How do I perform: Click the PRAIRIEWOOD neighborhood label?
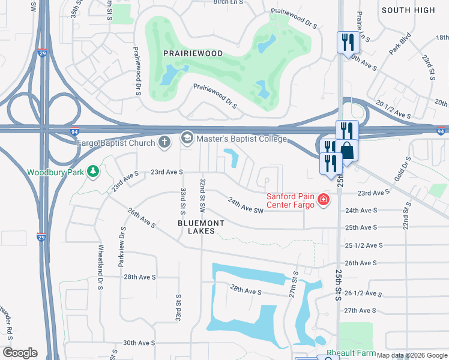coord(193,53)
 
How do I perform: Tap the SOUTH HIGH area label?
coord(408,10)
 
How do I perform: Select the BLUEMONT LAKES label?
coord(201,227)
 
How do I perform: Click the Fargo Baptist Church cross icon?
coord(164,142)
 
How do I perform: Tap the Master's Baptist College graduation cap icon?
coord(187,139)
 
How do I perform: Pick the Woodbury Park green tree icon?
coord(92,172)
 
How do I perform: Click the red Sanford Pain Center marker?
coord(324,199)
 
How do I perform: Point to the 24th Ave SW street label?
coord(246,207)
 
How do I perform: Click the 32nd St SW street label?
coord(203,196)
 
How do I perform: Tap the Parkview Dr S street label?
coord(122,246)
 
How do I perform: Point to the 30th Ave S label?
coord(139,343)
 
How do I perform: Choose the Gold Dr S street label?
coord(407,169)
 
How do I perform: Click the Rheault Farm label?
coord(351,353)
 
